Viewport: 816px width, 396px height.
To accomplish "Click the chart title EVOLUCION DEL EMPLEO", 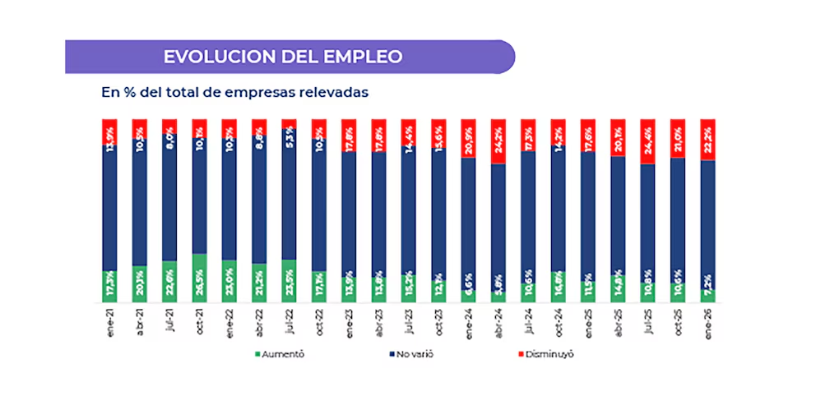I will [x=283, y=57].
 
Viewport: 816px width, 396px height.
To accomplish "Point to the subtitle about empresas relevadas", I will [x=235, y=92].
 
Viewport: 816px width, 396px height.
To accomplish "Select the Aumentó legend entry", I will [x=280, y=354].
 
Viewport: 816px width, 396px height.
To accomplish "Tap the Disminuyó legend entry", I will [x=544, y=354].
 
